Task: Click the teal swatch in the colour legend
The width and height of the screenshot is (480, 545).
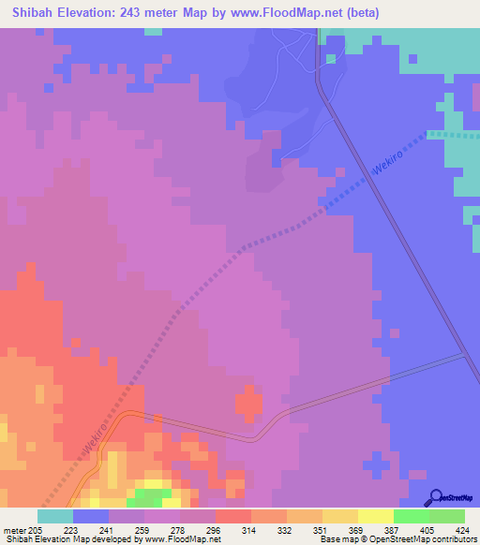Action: tap(55, 516)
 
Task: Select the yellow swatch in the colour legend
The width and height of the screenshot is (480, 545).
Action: tap(376, 516)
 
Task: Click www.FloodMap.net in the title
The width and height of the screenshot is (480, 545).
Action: tap(292, 13)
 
